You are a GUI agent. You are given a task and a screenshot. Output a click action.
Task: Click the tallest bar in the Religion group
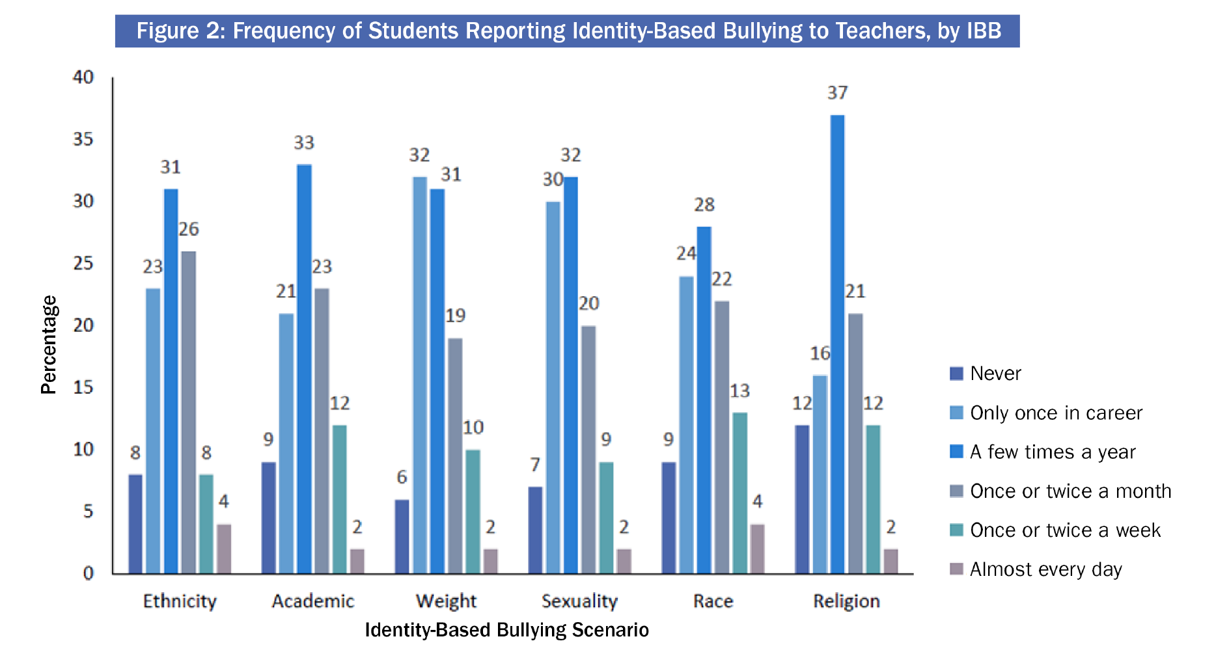click(x=837, y=344)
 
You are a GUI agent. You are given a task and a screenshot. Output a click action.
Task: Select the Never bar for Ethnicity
click(x=135, y=524)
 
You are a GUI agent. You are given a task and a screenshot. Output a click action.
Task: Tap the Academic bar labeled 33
click(x=304, y=369)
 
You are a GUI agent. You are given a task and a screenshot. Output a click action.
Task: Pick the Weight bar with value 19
click(x=455, y=456)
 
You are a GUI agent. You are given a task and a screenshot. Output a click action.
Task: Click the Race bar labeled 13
click(x=739, y=493)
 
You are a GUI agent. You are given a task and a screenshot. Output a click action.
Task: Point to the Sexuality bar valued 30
click(x=553, y=387)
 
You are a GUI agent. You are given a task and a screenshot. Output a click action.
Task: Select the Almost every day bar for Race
click(x=757, y=549)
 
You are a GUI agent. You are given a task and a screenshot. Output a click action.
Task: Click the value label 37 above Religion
click(x=837, y=93)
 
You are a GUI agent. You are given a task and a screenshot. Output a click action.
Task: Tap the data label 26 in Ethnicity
click(x=188, y=229)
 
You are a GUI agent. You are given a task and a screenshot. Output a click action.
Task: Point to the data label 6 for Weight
click(x=402, y=477)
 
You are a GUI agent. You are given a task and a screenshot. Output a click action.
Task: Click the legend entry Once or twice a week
click(x=1065, y=530)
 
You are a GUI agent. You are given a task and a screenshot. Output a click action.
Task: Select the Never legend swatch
click(x=956, y=374)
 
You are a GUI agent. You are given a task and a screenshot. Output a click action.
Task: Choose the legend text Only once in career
click(x=1056, y=413)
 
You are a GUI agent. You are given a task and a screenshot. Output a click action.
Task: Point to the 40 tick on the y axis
click(x=83, y=77)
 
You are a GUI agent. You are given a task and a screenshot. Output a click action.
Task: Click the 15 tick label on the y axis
click(x=83, y=387)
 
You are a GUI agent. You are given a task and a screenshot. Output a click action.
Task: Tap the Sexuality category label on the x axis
click(x=579, y=601)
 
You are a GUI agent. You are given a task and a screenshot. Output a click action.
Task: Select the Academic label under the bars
click(x=313, y=601)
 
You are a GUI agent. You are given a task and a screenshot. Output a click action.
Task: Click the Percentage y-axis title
click(x=49, y=345)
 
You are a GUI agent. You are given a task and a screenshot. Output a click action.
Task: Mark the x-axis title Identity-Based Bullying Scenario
click(x=506, y=630)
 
